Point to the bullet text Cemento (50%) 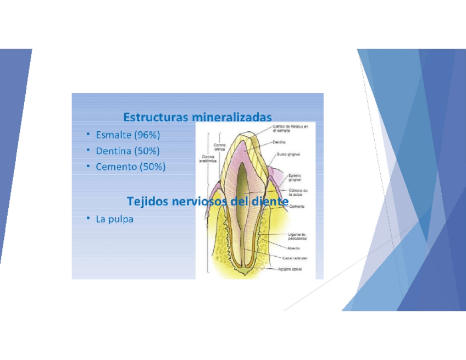point(130,167)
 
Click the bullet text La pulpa point(114,219)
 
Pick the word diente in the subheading point(270,202)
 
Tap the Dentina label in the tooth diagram point(281,142)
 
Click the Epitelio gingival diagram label point(297,179)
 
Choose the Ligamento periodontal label point(297,236)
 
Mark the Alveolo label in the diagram point(294,248)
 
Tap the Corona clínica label point(220,147)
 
